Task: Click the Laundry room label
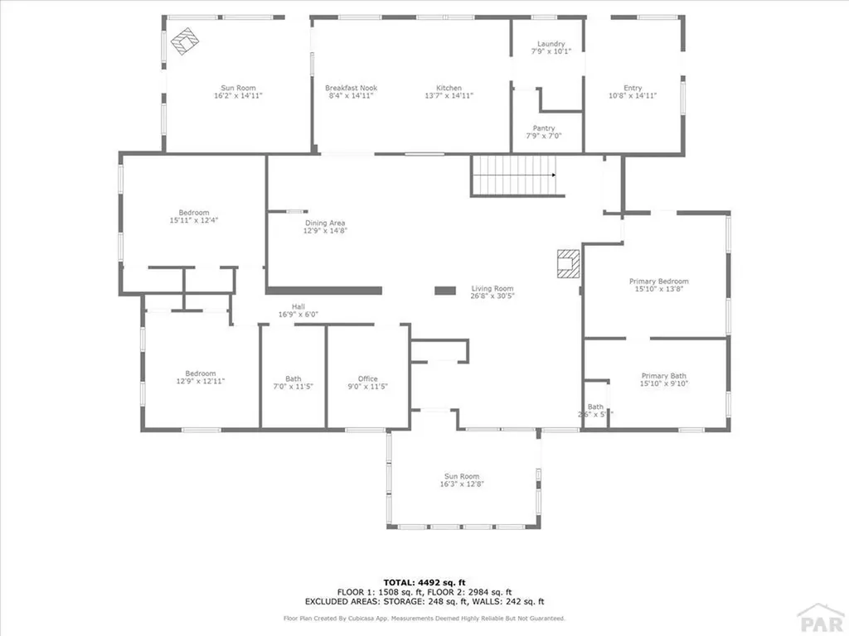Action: point(551,44)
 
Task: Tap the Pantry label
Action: point(544,128)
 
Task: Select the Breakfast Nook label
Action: point(351,88)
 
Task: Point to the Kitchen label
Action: point(449,88)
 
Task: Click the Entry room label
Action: point(633,88)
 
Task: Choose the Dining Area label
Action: point(325,223)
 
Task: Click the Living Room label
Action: point(493,287)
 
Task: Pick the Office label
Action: point(367,378)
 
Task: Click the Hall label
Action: point(298,306)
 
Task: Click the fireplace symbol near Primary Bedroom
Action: point(568,264)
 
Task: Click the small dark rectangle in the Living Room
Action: point(445,291)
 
